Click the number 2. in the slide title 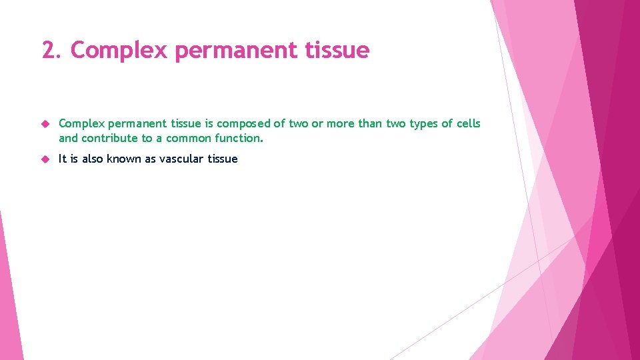point(52,50)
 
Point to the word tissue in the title point(338,50)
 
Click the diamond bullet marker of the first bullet point(45,124)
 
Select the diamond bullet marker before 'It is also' point(45,159)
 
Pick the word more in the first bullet point(342,124)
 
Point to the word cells point(467,124)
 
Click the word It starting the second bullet point(63,159)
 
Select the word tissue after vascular point(222,159)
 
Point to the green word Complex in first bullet point(81,124)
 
